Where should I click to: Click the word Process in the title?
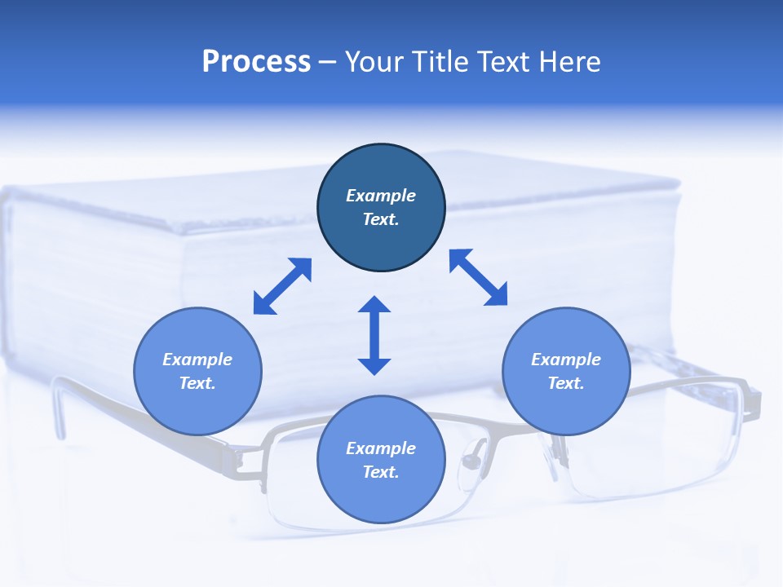pos(256,62)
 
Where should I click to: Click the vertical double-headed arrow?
pos(374,335)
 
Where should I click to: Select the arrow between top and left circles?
pos(282,286)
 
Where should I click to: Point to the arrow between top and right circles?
pos(479,277)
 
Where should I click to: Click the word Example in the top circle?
pos(381,196)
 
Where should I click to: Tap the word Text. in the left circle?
pos(197,383)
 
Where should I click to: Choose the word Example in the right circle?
pos(566,360)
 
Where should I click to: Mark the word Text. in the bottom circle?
pos(381,472)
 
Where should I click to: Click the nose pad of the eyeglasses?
pos(471,463)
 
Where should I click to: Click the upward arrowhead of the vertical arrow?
pos(374,306)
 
